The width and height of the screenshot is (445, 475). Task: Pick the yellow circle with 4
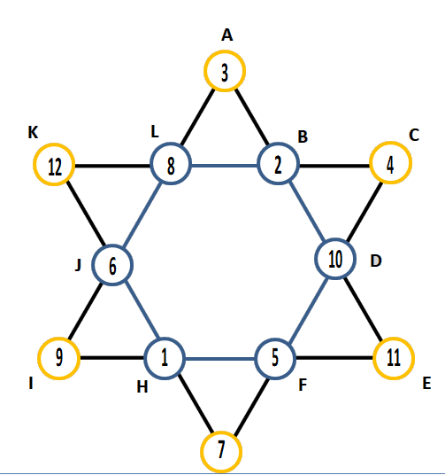[x=390, y=143]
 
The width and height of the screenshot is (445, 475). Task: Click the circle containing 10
[x=335, y=238]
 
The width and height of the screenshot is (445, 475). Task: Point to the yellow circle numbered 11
[x=394, y=338]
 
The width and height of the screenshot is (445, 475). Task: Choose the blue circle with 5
[x=275, y=339]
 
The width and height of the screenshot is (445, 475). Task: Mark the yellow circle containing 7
[x=221, y=432]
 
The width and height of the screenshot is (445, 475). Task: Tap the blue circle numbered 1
[x=165, y=339]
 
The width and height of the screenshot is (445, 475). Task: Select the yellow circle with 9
[x=59, y=338]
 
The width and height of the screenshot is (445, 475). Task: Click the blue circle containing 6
[x=112, y=245]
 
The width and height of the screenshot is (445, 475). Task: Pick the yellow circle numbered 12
[x=54, y=144]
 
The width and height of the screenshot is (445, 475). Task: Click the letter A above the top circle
[x=226, y=35]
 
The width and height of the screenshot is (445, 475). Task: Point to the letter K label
[x=33, y=132]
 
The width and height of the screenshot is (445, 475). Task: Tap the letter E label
[x=426, y=383]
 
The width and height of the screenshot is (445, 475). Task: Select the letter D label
[x=376, y=261]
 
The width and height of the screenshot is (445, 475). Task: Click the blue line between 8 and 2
[x=225, y=166]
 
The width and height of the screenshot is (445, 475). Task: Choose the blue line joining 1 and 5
[x=220, y=359]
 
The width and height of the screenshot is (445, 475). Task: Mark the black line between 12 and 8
[x=112, y=166]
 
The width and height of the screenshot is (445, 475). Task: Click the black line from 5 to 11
[x=334, y=358]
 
